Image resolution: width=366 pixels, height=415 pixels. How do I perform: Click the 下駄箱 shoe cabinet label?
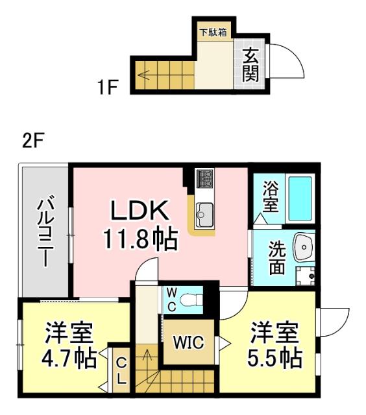213,32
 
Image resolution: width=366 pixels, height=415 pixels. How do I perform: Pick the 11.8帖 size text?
139,240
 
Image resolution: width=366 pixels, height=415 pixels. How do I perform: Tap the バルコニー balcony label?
45,231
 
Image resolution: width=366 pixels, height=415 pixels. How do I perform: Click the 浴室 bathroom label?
270,196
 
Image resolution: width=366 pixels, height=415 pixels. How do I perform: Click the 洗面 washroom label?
276,257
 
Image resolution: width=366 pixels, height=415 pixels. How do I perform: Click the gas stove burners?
205,176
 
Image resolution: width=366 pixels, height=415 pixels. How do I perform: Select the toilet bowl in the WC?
189,299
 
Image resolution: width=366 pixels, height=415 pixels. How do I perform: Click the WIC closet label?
187,340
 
